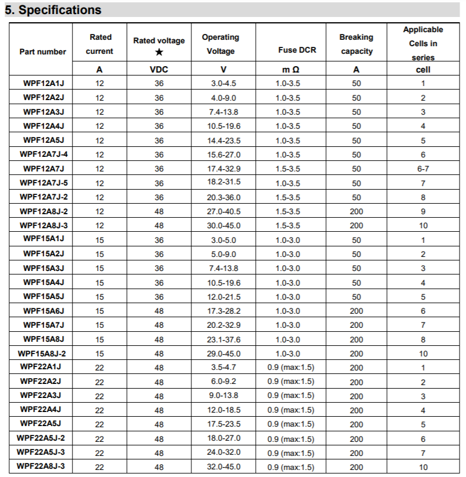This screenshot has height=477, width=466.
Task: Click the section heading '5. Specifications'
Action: click(x=53, y=10)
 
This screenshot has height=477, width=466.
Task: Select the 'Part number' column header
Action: click(x=43, y=52)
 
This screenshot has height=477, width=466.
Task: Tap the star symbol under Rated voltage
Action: click(x=159, y=52)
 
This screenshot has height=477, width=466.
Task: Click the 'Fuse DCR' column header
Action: click(x=297, y=50)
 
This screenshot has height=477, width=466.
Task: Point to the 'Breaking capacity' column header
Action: click(x=356, y=44)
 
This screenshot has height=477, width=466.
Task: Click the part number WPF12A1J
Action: click(x=43, y=83)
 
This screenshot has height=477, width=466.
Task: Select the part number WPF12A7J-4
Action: click(x=43, y=154)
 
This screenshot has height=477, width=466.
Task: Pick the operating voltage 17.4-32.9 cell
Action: click(x=225, y=169)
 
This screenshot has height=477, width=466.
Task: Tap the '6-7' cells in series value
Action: click(x=423, y=169)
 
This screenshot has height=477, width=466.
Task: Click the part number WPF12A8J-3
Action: click(x=43, y=225)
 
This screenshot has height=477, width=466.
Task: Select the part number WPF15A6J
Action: click(x=43, y=311)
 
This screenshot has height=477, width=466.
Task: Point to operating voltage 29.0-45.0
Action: click(x=225, y=354)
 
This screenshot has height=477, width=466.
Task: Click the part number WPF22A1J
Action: click(x=43, y=367)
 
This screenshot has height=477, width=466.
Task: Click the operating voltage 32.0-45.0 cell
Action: click(x=225, y=467)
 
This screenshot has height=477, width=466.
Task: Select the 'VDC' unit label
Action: click(x=159, y=70)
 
